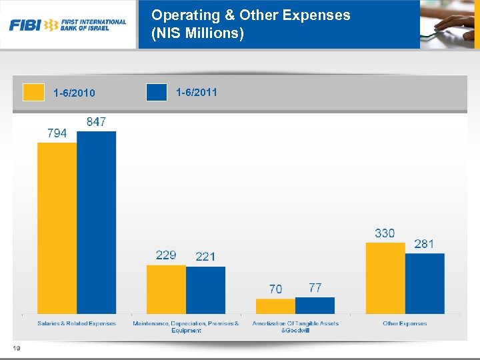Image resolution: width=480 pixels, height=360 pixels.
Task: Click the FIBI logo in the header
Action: click(67, 25)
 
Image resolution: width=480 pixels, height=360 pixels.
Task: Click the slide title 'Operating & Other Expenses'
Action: click(250, 15)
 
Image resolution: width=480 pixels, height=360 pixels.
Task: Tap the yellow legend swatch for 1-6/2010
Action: click(33, 92)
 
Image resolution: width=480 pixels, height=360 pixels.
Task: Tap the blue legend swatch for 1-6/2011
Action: click(156, 92)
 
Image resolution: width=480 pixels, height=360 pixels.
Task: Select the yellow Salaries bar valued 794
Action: click(57, 227)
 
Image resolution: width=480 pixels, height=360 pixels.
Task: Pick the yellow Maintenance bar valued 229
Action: click(166, 289)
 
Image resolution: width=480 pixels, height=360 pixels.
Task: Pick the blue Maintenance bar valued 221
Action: click(205, 290)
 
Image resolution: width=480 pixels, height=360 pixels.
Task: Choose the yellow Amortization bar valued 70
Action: click(275, 306)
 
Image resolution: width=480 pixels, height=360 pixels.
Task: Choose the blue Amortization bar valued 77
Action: click(315, 305)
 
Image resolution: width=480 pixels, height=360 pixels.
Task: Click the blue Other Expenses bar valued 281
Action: click(425, 283)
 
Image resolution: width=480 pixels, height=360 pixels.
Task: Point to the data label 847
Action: click(96, 122)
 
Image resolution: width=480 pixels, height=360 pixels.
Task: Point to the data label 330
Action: click(385, 233)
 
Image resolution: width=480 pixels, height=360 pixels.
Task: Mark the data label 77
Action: click(315, 287)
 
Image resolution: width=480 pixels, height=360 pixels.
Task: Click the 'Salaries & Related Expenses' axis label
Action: click(77, 324)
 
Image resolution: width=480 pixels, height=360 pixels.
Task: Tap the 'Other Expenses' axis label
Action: click(405, 324)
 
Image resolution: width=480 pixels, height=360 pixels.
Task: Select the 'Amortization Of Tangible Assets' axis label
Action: click(295, 324)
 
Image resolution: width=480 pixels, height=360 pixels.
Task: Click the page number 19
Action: click(15, 347)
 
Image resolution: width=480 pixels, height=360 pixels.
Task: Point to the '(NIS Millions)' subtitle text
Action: click(197, 33)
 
